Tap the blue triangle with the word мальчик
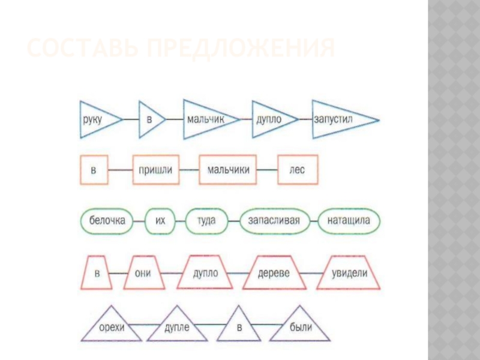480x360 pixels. [205, 119]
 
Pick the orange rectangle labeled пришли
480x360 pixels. [155, 170]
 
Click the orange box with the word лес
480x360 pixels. [298, 170]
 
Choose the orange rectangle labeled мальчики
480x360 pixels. [228, 170]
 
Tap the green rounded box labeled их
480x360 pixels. [160, 221]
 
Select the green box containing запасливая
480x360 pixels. [274, 221]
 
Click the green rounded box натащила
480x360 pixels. [349, 221]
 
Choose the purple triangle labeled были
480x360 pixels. [300, 327]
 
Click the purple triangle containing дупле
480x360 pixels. [178, 327]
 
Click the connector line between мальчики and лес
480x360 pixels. [267, 170]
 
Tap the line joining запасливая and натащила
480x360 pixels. [313, 221]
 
